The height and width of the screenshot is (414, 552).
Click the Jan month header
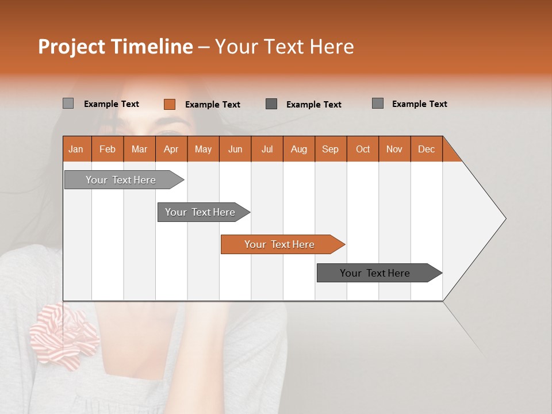[x=76, y=149]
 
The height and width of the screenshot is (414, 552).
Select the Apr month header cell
[x=171, y=149]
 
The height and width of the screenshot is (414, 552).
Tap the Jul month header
[x=267, y=149]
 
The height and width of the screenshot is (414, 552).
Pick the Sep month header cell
[x=331, y=149]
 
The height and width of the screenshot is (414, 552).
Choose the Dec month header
[x=426, y=149]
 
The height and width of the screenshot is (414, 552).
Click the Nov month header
[x=394, y=149]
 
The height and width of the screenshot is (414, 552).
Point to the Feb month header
[x=108, y=149]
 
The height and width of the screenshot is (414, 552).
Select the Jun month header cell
[x=235, y=149]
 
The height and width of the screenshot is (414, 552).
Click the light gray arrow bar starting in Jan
[x=121, y=180]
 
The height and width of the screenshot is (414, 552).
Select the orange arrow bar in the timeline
[x=280, y=244]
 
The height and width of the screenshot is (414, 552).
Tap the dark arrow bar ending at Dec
[x=375, y=273]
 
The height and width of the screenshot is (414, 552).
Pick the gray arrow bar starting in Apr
[x=201, y=212]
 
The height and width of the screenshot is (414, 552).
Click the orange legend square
[x=169, y=104]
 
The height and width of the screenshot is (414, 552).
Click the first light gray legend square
[x=68, y=103]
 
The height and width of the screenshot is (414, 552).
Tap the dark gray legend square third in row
[x=271, y=103]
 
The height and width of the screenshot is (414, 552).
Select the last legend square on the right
[x=378, y=103]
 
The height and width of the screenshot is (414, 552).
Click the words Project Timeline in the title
[x=115, y=47]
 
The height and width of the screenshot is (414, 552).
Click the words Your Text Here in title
[x=284, y=47]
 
